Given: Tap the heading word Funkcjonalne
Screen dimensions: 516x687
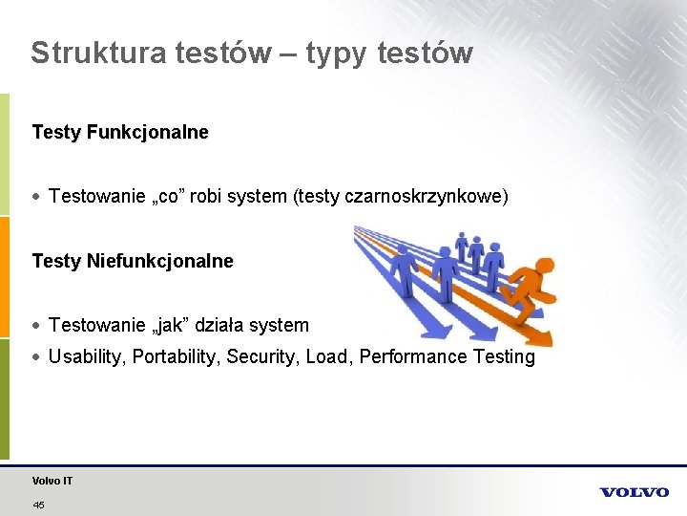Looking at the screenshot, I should pos(147,133).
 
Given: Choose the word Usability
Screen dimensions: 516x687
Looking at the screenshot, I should pos(87,357).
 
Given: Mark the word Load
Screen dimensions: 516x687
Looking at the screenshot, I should pos(327,357).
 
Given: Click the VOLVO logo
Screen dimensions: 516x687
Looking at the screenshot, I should pos(635,492).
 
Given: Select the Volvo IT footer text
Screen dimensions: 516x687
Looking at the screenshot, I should pos(52,481).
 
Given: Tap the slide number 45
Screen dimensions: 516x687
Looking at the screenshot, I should pos(38,505).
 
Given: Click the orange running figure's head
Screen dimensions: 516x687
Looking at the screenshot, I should pos(544,267).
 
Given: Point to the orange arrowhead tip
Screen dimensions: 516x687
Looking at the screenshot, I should pos(548,342).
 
